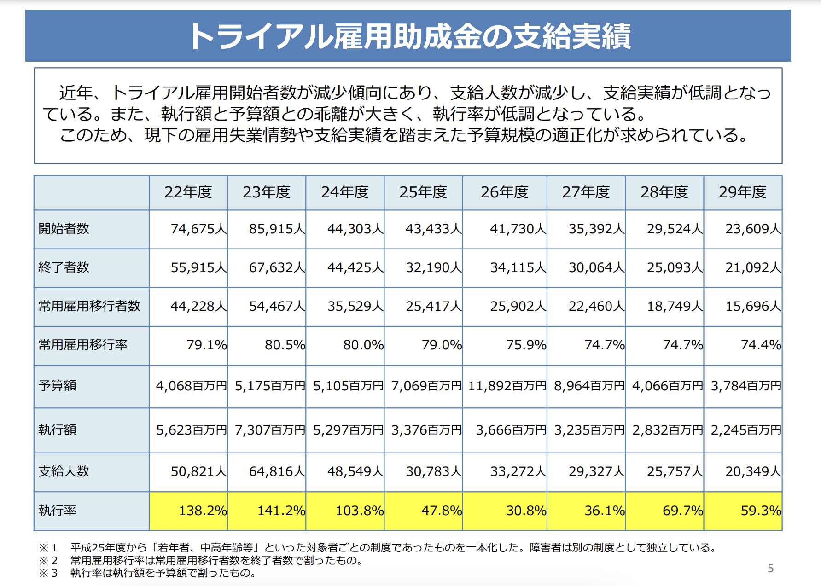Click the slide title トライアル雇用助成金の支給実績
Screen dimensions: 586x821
point(410,36)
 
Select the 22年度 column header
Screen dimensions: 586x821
point(188,192)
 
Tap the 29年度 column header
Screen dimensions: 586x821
point(742,192)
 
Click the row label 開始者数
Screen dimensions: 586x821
point(64,229)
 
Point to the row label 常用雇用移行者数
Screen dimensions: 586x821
point(89,306)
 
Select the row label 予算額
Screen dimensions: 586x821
point(58,385)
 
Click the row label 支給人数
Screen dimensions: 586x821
point(64,471)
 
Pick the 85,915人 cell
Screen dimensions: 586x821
point(277,229)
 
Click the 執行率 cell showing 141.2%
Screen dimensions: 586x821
point(281,511)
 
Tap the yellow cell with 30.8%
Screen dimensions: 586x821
point(526,511)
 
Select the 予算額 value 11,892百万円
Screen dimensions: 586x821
point(507,385)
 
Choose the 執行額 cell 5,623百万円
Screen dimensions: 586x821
point(192,430)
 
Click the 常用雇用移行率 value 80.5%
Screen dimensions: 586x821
point(285,345)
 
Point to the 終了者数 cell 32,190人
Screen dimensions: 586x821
point(433,267)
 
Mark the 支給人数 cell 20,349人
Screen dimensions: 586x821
point(753,471)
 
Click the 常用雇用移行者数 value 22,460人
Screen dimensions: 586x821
point(596,306)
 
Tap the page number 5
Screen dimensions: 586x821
point(770,569)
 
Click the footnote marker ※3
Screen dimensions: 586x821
point(48,573)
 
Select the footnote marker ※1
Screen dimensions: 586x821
point(48,548)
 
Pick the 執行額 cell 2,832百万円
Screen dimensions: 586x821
point(667,430)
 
